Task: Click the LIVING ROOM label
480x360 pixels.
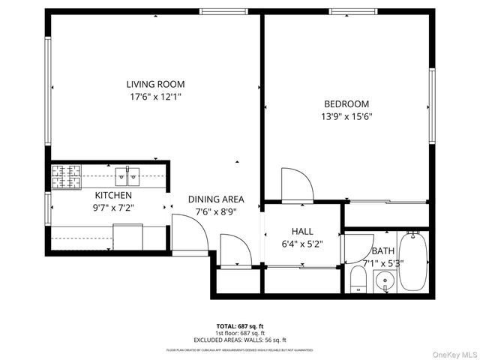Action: pyautogui.click(x=155, y=84)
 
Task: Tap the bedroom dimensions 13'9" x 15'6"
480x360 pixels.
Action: pyautogui.click(x=347, y=116)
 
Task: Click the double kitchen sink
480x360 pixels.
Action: pyautogui.click(x=128, y=177)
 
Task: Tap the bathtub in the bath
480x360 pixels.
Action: pyautogui.click(x=412, y=262)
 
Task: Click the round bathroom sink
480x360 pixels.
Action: pyautogui.click(x=385, y=283)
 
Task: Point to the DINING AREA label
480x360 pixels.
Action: pyautogui.click(x=216, y=199)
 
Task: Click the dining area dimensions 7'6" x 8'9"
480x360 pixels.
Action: pyautogui.click(x=216, y=212)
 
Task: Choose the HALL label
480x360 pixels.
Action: pyautogui.click(x=302, y=232)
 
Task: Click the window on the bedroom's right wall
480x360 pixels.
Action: pyautogui.click(x=432, y=105)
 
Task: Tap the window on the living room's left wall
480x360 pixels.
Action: pyautogui.click(x=48, y=90)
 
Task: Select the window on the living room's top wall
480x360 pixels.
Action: pyautogui.click(x=215, y=11)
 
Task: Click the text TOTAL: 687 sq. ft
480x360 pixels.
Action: pyautogui.click(x=239, y=325)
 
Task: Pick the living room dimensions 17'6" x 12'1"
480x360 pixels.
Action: pyautogui.click(x=155, y=97)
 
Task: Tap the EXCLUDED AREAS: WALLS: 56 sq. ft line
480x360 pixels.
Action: pyautogui.click(x=239, y=339)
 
